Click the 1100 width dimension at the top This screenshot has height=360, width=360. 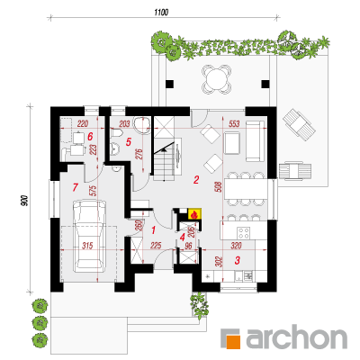point(161,13)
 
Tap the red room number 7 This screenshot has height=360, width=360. point(75,188)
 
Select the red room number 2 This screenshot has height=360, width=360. point(196,180)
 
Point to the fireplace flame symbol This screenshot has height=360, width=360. point(194,214)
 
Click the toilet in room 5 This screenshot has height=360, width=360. point(116,133)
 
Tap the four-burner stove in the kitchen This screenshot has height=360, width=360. point(244,233)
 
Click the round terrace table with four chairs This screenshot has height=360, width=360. point(216,79)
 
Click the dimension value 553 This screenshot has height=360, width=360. point(234,123)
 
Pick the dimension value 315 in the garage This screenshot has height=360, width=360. point(87,246)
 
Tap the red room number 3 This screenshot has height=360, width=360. point(237,260)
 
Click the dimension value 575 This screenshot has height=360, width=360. point(93,192)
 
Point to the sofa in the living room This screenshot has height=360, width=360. point(255,141)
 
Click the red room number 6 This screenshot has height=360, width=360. point(90,137)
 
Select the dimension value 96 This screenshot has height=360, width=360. point(188,246)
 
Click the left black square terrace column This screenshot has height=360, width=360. point(169,84)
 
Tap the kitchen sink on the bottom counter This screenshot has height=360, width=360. point(248,275)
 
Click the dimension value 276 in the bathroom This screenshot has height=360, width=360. point(141,153)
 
